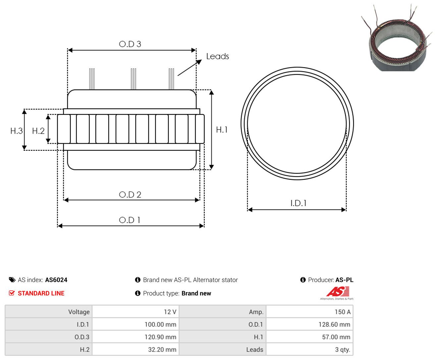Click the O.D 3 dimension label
130,44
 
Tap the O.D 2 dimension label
130,195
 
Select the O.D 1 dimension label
130,220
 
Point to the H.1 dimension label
222,130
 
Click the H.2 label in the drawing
38,131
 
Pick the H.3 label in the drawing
17,131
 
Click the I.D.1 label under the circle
299,203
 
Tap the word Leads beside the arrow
218,56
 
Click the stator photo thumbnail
397,37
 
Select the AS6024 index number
56,280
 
